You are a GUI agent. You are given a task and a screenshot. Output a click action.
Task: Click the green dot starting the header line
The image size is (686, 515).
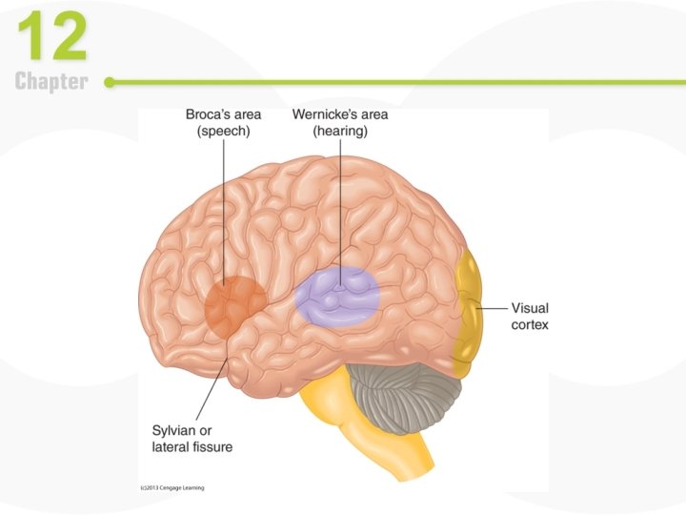click(110, 83)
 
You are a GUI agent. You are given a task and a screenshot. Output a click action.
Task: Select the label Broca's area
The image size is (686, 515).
click(223, 114)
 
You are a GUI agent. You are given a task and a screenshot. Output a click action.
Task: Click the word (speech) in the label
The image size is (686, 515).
click(223, 133)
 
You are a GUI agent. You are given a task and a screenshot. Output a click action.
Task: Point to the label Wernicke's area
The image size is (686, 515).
click(340, 114)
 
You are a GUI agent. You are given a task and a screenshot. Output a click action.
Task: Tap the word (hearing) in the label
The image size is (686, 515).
click(340, 133)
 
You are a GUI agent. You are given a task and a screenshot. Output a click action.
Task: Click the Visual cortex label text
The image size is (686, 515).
click(530, 316)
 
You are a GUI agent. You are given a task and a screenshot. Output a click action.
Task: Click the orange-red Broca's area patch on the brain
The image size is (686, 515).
click(234, 305)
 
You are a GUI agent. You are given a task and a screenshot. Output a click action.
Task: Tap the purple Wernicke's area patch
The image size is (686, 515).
click(337, 296)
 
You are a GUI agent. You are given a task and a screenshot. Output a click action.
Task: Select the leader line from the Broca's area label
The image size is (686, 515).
click(225, 210)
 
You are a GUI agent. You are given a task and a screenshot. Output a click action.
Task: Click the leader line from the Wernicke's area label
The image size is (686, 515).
click(339, 210)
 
